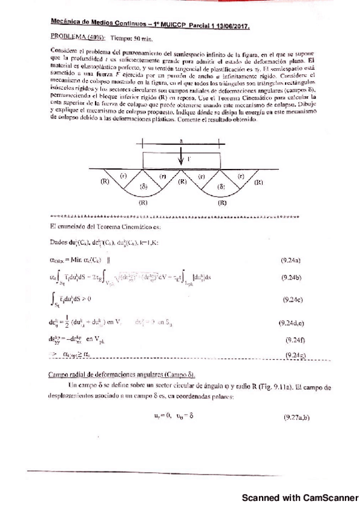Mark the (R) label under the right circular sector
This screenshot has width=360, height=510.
222,203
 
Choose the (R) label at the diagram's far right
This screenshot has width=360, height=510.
258,182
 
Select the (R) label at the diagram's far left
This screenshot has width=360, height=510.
104,180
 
